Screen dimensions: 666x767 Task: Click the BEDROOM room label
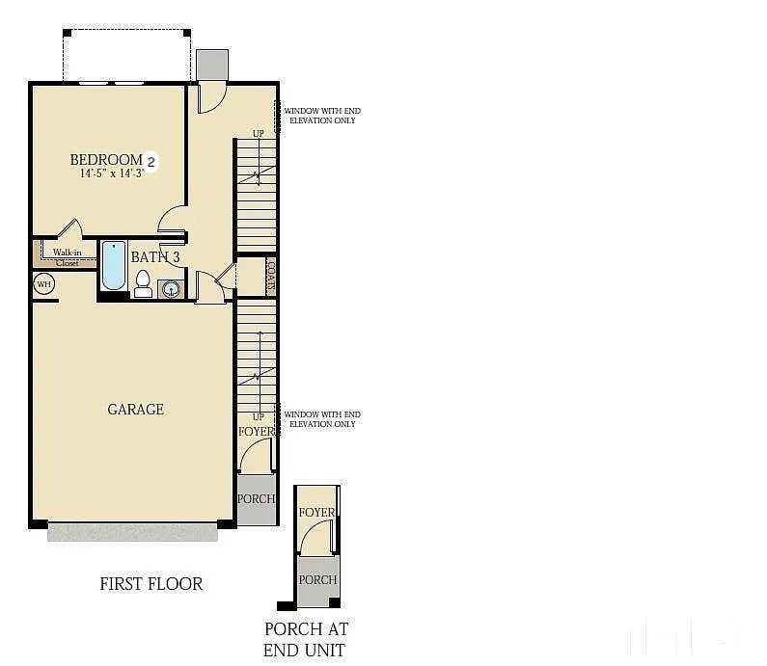coord(105,159)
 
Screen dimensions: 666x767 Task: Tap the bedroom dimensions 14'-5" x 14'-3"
coord(113,174)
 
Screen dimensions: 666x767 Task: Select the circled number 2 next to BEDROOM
coord(151,160)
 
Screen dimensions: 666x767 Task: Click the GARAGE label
coord(135,410)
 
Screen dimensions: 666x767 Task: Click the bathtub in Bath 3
coord(114,266)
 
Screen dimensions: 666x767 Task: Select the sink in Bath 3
coord(172,288)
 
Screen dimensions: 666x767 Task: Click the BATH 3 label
coord(154,257)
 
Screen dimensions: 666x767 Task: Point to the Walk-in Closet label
coord(67,257)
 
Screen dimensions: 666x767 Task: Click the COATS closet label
coord(270,277)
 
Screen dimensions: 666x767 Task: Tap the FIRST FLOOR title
coord(151,584)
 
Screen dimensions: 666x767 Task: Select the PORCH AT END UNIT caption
coord(306,639)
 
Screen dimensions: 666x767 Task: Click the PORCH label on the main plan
coord(257,499)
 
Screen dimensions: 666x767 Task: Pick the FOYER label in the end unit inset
coord(317,513)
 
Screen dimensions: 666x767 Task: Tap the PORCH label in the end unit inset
coord(317,580)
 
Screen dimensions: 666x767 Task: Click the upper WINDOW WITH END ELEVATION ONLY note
coord(322,116)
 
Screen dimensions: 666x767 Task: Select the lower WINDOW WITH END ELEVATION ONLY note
coord(322,419)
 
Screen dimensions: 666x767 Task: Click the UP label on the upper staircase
coord(258,134)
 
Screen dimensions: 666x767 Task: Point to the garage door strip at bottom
coord(132,532)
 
